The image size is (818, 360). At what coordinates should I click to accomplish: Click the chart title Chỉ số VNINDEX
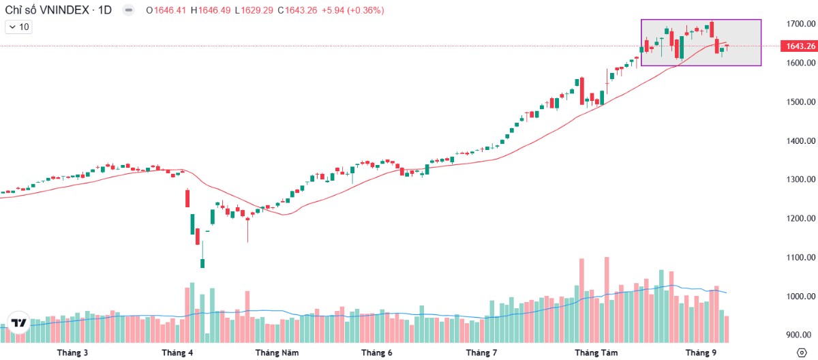point(47,10)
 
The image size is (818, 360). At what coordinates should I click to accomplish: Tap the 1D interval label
point(105,10)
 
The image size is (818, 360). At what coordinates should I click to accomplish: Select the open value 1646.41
point(170,10)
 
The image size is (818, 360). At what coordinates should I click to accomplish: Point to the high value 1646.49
point(214,10)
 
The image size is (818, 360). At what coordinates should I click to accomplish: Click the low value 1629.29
point(257,10)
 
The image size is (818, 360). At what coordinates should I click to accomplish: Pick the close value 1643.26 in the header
point(301,10)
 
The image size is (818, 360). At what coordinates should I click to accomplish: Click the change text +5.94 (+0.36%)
point(353,10)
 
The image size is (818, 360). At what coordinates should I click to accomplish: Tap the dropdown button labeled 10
point(18,27)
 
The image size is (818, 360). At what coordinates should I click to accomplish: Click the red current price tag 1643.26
point(799,46)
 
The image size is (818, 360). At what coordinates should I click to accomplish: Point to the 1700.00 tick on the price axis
point(801,24)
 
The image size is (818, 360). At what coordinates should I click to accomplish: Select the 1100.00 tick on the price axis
point(801,258)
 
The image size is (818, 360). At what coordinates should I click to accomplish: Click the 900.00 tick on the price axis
point(802,335)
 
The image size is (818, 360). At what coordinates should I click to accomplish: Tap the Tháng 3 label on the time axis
point(72,352)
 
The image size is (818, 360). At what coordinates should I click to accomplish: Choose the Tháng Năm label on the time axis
point(277,352)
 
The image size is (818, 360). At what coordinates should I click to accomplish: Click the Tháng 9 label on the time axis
point(701,352)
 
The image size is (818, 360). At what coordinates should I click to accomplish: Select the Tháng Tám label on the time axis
point(596,352)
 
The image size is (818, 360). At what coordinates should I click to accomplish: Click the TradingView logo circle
point(18,322)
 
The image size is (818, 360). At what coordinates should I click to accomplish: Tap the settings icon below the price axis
point(802,352)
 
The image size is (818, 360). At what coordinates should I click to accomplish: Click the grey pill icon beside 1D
point(129,10)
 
